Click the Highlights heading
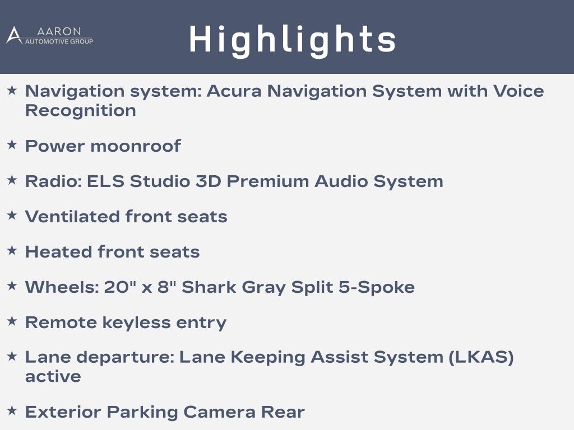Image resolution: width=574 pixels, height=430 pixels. tap(293, 40)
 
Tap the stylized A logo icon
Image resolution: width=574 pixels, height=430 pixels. tap(14, 35)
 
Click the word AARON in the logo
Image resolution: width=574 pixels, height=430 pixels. tap(59, 31)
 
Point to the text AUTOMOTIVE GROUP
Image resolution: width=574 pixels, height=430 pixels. tap(59, 41)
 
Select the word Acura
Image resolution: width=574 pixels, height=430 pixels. tap(234, 91)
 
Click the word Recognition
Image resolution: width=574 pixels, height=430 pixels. tap(81, 110)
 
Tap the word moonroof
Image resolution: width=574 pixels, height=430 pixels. tap(136, 146)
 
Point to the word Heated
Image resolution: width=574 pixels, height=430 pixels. tap(58, 252)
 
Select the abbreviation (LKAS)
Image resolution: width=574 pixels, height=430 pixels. tap(482, 357)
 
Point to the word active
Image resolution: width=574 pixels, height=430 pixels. tap(53, 377)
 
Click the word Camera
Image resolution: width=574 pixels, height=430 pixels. tap(219, 412)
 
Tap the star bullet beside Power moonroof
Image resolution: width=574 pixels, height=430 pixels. tap(12, 144)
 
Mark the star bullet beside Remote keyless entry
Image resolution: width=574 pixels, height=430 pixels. tap(12, 321)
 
